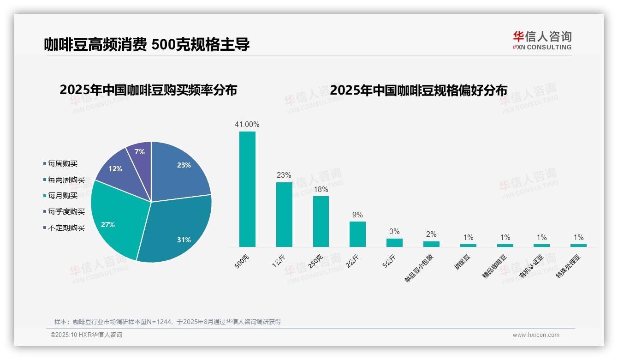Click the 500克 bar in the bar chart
click(247, 189)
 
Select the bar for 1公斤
click(284, 215)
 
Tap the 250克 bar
click(321, 222)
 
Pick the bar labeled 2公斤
click(357, 234)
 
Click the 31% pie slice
click(178, 231)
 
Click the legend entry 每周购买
click(63, 164)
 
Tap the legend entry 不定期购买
click(66, 228)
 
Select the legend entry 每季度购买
click(66, 212)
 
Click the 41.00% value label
click(247, 124)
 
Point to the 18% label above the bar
click(321, 189)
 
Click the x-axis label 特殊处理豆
click(570, 265)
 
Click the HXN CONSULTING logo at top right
click(542, 41)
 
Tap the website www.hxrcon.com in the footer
click(536, 335)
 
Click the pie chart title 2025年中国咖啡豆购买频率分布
click(148, 90)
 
